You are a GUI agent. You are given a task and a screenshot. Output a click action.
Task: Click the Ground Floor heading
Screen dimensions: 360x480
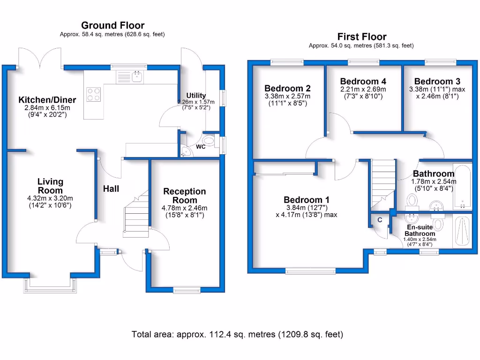pyautogui.click(x=112, y=25)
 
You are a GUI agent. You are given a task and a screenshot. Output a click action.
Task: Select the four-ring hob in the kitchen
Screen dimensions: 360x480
pyautogui.click(x=94, y=95)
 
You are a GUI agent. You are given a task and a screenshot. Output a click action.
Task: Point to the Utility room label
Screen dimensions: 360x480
pyautogui.click(x=196, y=96)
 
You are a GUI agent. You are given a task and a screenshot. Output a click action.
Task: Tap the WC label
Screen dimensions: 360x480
pyautogui.click(x=201, y=147)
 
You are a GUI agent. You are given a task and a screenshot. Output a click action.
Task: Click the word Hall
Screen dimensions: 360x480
pyautogui.click(x=111, y=189)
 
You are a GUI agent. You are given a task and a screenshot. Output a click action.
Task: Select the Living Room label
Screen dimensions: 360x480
pyautogui.click(x=50, y=186)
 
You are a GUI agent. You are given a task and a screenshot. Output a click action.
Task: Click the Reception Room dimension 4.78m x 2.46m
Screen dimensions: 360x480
pyautogui.click(x=184, y=208)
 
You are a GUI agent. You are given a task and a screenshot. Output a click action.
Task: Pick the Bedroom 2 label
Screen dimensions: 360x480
pyautogui.click(x=287, y=88)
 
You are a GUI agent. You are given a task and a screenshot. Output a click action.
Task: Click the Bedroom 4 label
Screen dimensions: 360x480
pyautogui.click(x=363, y=81)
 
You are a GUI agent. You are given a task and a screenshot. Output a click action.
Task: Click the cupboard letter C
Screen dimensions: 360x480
pyautogui.click(x=380, y=220)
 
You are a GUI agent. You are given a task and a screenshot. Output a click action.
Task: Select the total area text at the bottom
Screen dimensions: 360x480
pyautogui.click(x=237, y=334)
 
